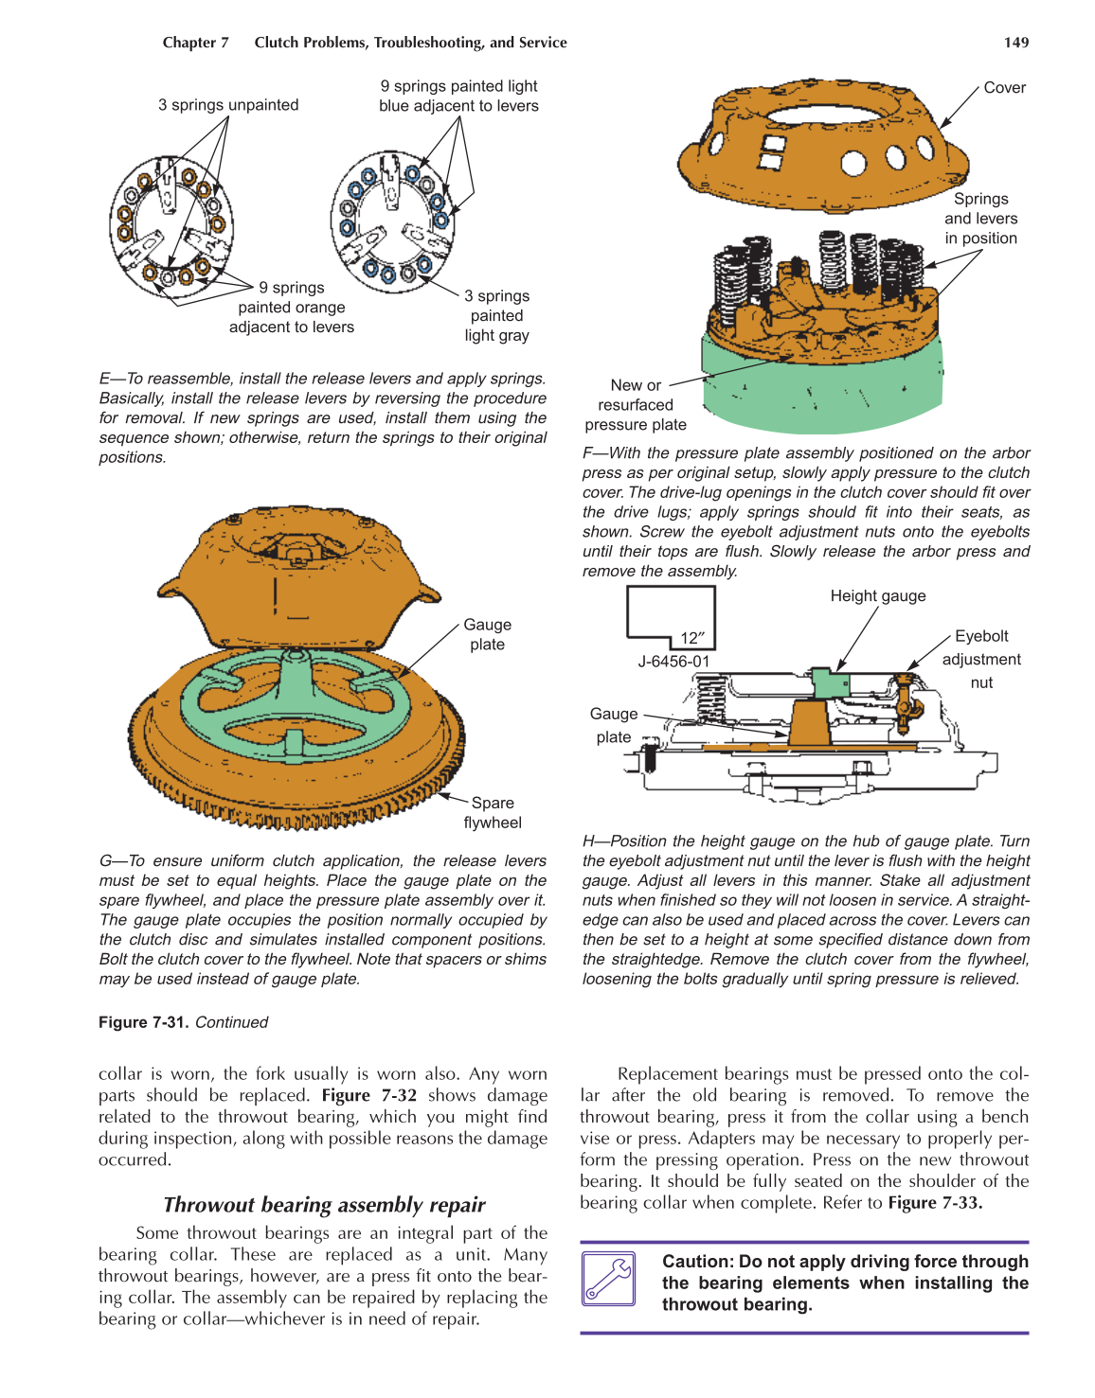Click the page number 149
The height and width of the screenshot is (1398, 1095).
click(x=1015, y=43)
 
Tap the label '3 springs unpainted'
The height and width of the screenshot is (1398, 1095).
click(x=228, y=105)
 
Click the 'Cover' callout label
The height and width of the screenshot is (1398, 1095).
click(x=1004, y=88)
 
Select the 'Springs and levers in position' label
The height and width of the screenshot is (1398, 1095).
click(x=980, y=219)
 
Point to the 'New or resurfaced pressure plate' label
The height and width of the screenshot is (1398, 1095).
click(x=636, y=405)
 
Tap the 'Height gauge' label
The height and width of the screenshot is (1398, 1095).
click(x=877, y=596)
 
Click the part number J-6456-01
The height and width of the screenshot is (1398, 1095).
click(x=673, y=662)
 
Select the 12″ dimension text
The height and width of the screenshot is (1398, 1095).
click(x=692, y=638)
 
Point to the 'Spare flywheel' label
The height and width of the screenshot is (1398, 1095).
click(x=493, y=813)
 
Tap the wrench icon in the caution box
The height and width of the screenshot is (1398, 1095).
click(x=609, y=1279)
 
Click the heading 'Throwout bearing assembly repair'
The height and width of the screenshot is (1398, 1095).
click(x=324, y=1205)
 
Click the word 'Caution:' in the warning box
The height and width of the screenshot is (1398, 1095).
click(x=698, y=1262)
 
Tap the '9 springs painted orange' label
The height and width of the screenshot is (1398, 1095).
click(x=292, y=308)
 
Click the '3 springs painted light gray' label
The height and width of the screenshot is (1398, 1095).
click(x=496, y=316)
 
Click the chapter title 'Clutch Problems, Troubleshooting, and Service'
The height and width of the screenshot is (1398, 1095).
click(x=410, y=43)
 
